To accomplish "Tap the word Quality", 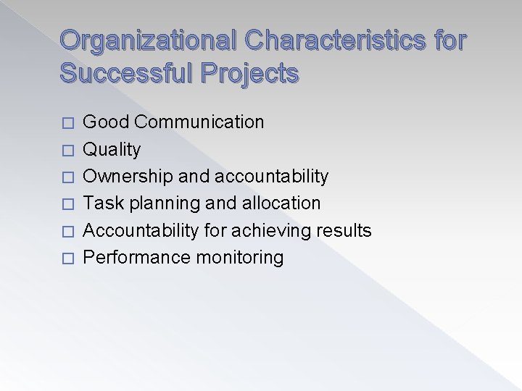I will (x=112, y=149).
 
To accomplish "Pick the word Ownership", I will (x=125, y=176).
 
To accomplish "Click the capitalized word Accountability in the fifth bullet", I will (x=139, y=231).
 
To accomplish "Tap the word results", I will (x=344, y=231).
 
